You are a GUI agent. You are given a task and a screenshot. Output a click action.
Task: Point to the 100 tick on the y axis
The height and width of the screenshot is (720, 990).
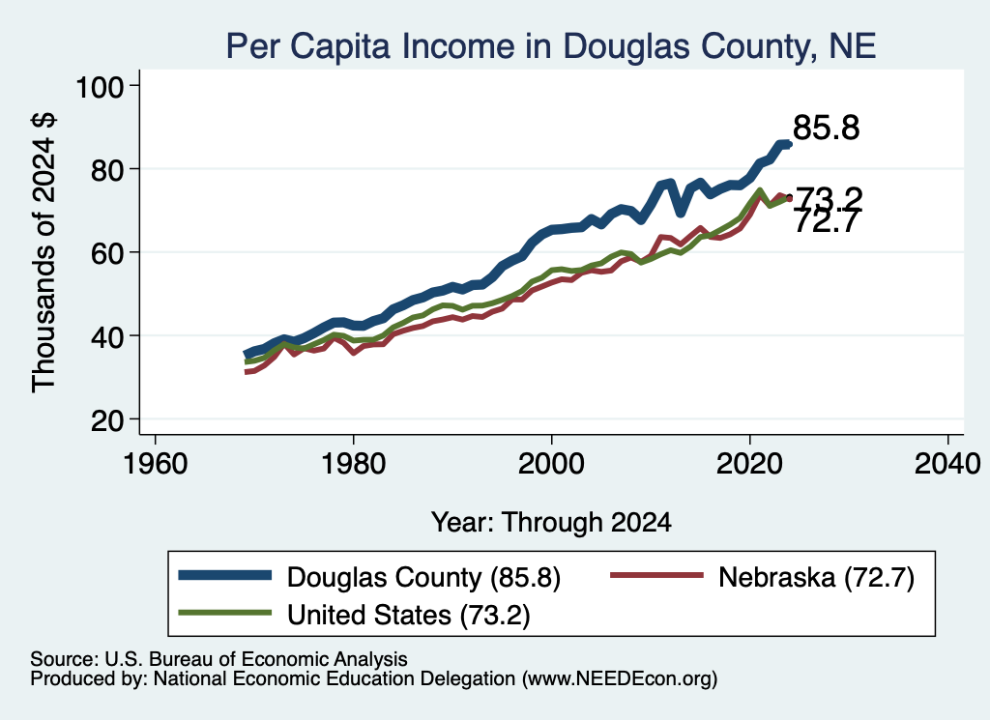100,86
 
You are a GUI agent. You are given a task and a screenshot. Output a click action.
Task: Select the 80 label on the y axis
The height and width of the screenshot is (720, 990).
107,170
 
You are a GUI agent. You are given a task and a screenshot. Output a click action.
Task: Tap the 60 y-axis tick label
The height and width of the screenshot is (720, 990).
107,253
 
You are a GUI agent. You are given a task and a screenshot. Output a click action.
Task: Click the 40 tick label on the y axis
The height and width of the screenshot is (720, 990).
107,336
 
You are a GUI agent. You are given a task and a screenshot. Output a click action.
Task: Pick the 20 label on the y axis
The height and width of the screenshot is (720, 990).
107,419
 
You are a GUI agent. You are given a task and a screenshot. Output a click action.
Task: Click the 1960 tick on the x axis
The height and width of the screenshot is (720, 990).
156,464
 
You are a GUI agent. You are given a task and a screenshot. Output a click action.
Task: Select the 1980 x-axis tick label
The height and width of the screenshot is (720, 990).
354,464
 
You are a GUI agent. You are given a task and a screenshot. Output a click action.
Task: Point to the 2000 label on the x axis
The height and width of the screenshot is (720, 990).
551,464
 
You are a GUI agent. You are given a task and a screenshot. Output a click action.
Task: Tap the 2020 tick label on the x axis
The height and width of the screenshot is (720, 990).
749,464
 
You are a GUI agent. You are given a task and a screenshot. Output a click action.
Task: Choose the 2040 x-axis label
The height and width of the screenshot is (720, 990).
947,464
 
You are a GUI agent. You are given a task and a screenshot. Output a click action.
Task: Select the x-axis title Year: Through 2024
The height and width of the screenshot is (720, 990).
551,523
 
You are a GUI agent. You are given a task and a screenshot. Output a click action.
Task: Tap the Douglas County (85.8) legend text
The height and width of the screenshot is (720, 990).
423,577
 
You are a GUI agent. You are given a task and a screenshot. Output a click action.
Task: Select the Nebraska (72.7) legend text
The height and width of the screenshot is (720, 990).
816,577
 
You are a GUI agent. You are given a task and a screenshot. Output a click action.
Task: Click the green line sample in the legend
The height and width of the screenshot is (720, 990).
224,613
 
